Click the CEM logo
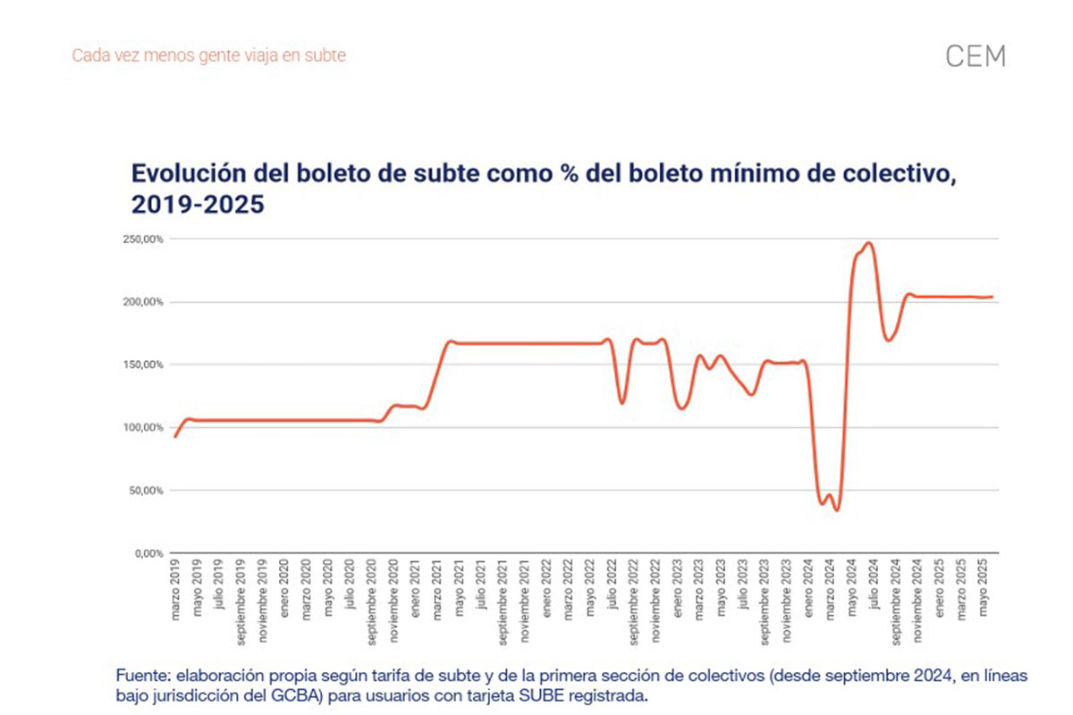coord(975,56)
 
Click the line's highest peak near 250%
coord(868,243)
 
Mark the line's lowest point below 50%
coord(836,509)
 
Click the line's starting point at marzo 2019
coord(175,436)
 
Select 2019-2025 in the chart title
coord(199,205)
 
